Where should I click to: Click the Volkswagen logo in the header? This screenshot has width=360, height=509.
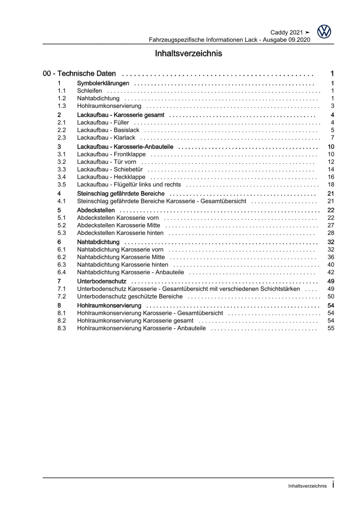(324, 32)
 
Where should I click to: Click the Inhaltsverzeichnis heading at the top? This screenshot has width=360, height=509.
(188, 54)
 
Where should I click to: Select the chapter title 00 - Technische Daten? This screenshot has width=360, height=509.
(79, 73)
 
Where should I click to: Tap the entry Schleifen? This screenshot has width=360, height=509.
(89, 91)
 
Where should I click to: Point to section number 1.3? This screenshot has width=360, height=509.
(62, 106)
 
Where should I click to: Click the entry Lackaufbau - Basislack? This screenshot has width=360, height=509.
(108, 130)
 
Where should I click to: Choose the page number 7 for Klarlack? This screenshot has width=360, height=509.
(332, 138)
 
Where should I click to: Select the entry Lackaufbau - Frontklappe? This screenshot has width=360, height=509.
(111, 154)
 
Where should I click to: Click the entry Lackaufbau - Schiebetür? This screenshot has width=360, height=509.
(110, 169)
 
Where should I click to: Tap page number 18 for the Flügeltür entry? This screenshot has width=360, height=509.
(331, 184)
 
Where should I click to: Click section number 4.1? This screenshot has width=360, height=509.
(62, 201)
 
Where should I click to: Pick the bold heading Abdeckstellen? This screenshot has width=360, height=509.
(96, 210)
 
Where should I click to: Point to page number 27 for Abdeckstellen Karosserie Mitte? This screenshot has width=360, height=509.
(331, 225)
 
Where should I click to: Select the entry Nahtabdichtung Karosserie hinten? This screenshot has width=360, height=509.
(123, 265)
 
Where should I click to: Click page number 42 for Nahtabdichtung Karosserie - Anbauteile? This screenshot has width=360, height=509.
(331, 272)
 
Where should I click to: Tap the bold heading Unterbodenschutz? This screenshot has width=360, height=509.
(102, 281)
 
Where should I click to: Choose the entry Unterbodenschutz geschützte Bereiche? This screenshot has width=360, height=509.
(130, 296)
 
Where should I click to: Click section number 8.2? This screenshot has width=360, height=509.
(62, 321)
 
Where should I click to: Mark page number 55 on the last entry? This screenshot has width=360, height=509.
(331, 328)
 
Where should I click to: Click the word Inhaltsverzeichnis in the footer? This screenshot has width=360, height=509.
(307, 486)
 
